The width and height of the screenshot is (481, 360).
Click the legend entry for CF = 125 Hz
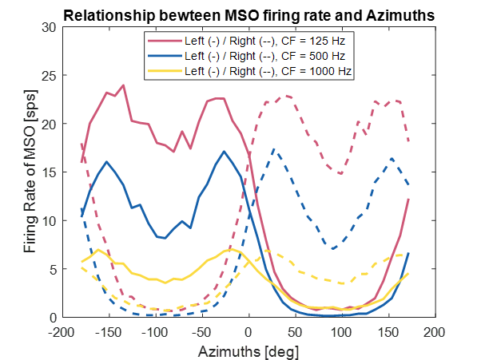(263, 39)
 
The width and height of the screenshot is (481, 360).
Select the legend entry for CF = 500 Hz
(263, 55)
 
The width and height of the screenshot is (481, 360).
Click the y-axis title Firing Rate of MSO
(31, 172)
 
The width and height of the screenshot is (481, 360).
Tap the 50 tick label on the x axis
(296, 330)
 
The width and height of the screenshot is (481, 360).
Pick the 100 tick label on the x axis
(342, 330)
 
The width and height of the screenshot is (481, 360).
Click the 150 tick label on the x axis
(388, 330)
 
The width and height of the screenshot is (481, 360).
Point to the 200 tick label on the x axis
(435, 330)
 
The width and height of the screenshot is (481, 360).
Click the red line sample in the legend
(163, 39)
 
